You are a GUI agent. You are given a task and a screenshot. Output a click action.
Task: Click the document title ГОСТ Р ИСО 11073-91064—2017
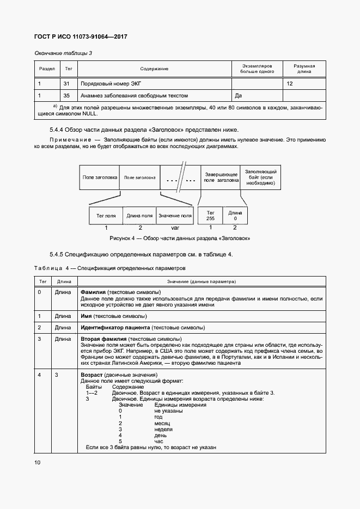76,37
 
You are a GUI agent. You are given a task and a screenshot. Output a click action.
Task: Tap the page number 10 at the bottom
37,462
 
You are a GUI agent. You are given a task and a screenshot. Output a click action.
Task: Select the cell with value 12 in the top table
290,84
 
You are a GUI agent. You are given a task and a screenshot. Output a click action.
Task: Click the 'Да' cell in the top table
238,95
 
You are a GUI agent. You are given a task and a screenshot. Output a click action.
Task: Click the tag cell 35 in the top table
66,95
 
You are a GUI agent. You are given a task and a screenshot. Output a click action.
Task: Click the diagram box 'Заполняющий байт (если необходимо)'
260,177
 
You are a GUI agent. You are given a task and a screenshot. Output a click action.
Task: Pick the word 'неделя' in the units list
163,429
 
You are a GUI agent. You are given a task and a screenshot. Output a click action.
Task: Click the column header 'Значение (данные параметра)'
202,281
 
